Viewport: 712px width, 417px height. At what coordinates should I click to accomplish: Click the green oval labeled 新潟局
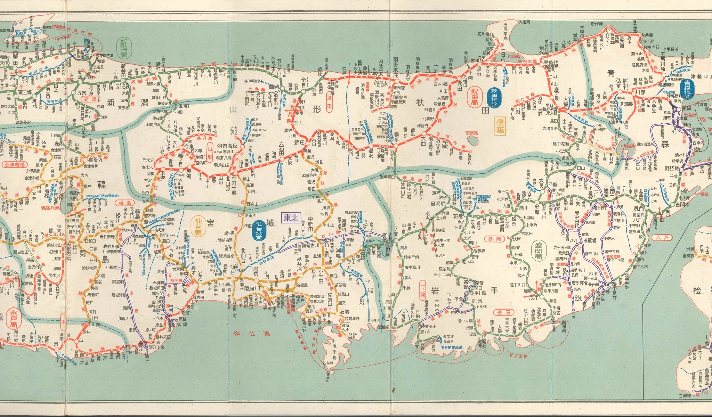(124, 48)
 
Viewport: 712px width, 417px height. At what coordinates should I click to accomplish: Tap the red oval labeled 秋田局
(475, 97)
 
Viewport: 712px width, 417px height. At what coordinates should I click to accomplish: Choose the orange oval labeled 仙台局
(199, 225)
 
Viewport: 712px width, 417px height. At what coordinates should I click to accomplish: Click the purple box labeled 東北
(292, 218)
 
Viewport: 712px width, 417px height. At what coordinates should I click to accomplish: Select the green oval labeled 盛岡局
(539, 252)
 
